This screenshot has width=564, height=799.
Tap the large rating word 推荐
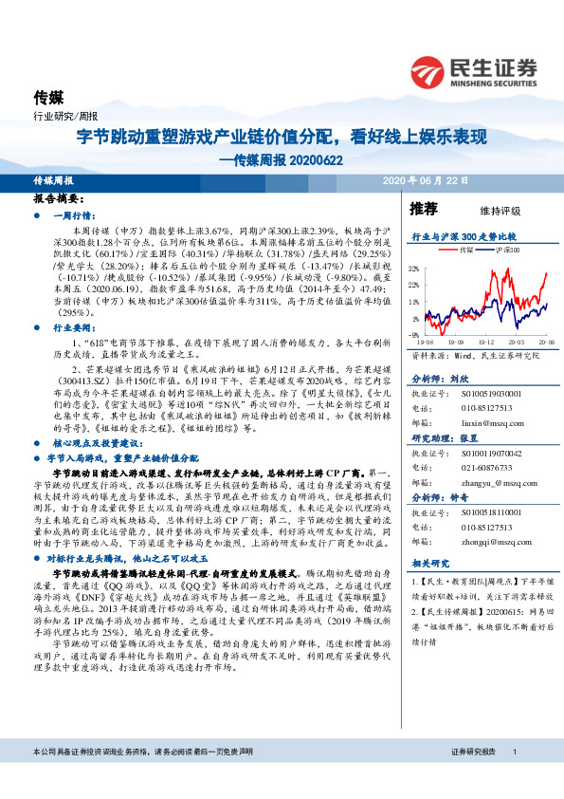pos(424,208)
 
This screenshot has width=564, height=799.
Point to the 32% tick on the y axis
pos(414,270)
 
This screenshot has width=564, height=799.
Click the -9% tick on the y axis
pos(415,334)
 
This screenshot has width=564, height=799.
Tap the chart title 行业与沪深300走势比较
pos(463,235)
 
